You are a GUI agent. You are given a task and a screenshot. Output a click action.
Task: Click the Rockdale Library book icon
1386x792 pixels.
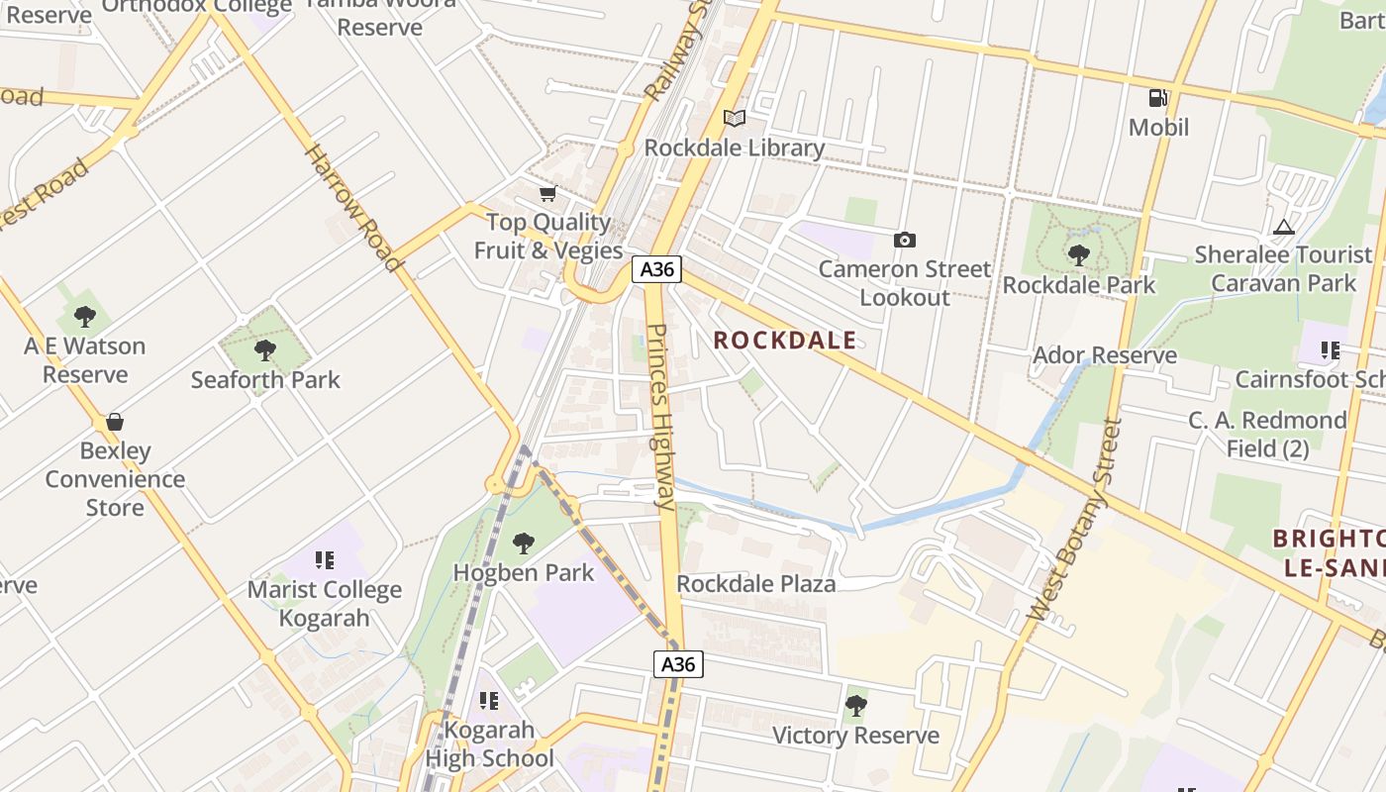pyautogui.click(x=734, y=119)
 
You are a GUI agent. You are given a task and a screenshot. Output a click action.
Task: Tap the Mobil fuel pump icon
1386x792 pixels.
pyautogui.click(x=1158, y=98)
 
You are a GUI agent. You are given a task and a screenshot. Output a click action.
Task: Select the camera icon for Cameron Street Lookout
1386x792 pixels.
pyautogui.click(x=904, y=240)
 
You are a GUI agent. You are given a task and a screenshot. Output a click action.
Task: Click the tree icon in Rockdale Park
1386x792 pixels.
pyautogui.click(x=1078, y=254)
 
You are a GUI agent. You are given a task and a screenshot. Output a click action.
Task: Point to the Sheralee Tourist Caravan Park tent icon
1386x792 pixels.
pyautogui.click(x=1284, y=227)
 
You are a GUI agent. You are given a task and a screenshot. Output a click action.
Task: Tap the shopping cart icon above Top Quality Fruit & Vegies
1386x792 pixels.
pyautogui.click(x=547, y=193)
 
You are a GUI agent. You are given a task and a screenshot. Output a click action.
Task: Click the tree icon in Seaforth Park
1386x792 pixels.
pyautogui.click(x=264, y=349)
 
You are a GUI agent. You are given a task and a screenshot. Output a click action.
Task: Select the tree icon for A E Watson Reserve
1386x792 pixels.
pyautogui.click(x=85, y=317)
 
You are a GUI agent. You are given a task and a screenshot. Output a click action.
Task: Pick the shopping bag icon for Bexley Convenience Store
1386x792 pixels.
pyautogui.click(x=115, y=422)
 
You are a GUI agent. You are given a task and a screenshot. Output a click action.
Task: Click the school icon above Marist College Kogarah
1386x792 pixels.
pyautogui.click(x=324, y=560)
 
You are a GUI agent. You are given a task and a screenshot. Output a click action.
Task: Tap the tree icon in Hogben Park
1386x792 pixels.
pyautogui.click(x=523, y=543)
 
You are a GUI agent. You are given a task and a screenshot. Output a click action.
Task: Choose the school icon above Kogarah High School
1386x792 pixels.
pyautogui.click(x=488, y=701)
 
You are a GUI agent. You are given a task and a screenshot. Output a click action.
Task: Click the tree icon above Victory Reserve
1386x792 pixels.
pyautogui.click(x=855, y=706)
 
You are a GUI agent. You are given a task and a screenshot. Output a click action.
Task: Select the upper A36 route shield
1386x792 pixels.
pyautogui.click(x=657, y=269)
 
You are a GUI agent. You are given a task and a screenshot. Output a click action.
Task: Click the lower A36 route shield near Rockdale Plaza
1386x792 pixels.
pyautogui.click(x=679, y=663)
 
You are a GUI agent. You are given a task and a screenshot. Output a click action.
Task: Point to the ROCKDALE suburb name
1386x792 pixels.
pyautogui.click(x=785, y=341)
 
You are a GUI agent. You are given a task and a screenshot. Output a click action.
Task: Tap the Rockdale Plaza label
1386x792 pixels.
pyautogui.click(x=756, y=584)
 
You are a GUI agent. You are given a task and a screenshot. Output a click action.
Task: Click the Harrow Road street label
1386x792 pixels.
pyautogui.click(x=353, y=208)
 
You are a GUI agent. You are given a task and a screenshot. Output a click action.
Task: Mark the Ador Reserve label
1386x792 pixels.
pyautogui.click(x=1105, y=355)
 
